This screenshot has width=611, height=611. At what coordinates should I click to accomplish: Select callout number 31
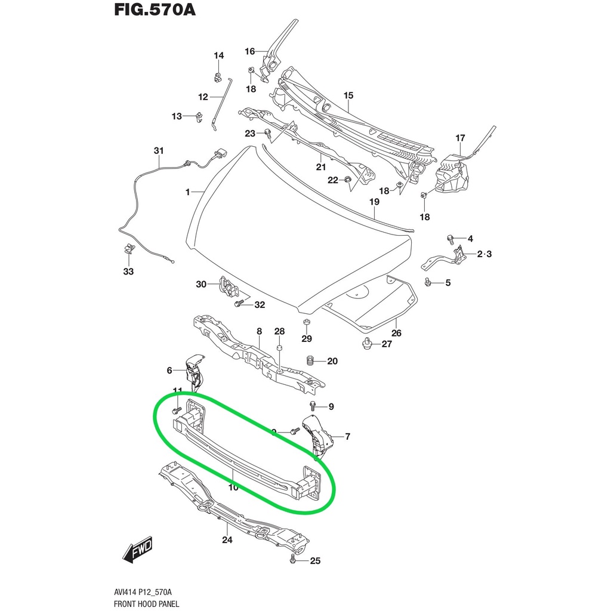[158, 150]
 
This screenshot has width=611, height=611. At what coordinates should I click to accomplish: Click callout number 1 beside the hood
[187, 192]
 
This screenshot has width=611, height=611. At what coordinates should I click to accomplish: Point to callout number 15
[348, 95]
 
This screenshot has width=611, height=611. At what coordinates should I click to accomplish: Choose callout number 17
[460, 138]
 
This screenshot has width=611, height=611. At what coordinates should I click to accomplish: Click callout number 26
[396, 333]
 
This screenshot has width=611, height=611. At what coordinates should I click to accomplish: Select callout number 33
[129, 271]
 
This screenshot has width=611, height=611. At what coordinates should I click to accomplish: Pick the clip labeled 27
[368, 343]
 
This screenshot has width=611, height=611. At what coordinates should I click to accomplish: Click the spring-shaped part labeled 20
[310, 360]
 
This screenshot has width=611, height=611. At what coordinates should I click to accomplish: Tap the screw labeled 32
[239, 304]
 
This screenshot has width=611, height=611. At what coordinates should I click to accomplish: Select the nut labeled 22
[347, 180]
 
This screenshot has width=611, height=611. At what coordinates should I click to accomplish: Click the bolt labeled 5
[428, 282]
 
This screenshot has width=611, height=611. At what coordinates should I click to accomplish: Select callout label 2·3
[484, 254]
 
